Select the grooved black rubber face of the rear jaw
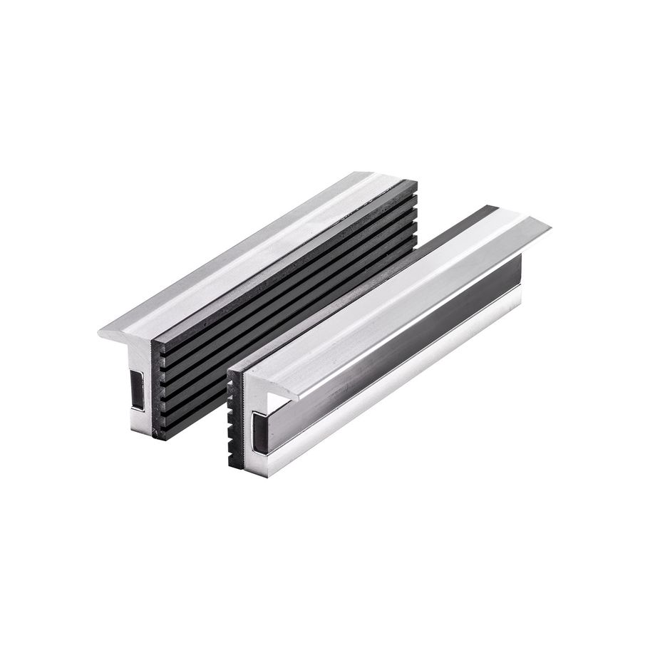click(x=285, y=285)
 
